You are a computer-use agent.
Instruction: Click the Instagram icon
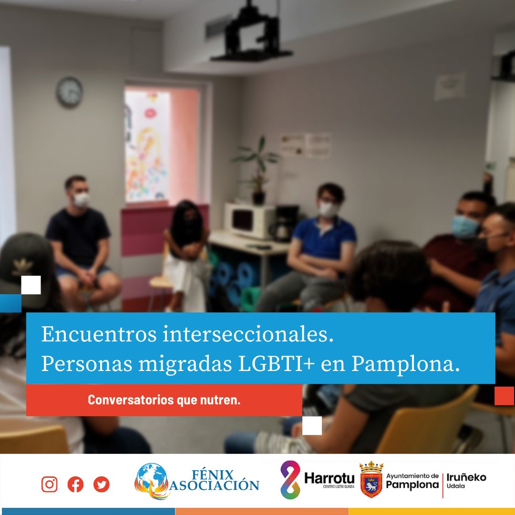(x=50, y=484)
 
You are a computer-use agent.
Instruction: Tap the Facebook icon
(x=75, y=484)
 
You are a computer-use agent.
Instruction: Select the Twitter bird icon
(x=101, y=484)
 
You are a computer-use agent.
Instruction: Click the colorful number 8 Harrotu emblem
(x=290, y=479)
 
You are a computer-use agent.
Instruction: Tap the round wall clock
(x=70, y=92)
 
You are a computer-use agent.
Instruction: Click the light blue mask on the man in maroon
(x=465, y=227)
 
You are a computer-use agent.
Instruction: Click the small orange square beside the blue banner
(x=504, y=396)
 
